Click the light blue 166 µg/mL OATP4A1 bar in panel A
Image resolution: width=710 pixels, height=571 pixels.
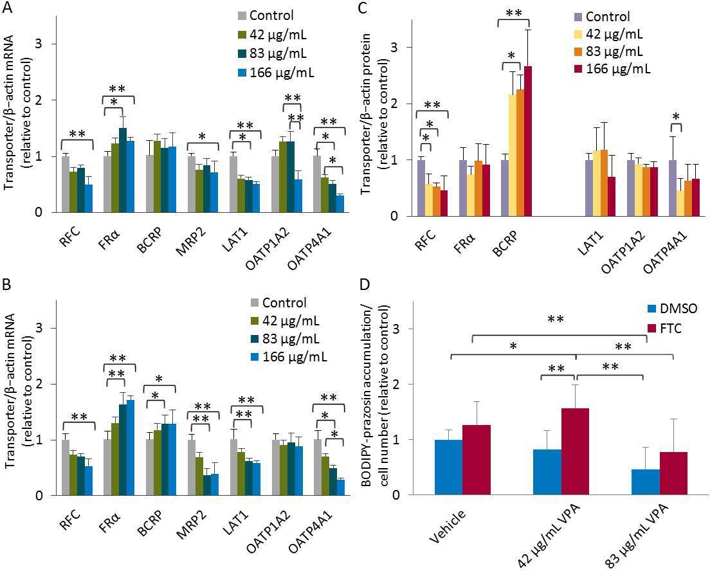pos(340,203)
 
